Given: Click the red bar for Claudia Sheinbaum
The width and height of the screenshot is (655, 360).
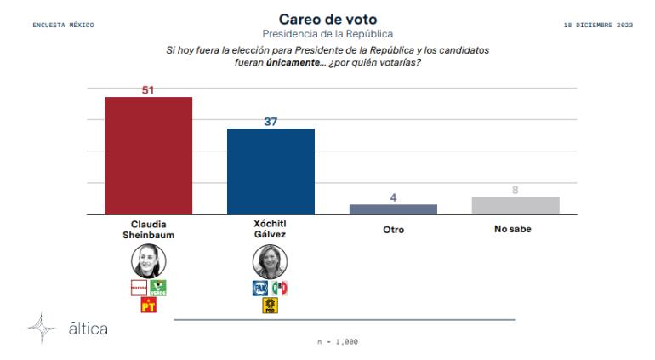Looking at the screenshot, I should (x=148, y=156).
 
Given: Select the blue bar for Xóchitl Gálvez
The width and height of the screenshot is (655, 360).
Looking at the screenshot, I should (x=271, y=171).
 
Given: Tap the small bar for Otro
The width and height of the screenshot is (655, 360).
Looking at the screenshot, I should (x=393, y=209).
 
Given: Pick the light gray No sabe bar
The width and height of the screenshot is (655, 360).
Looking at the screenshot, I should (x=515, y=205).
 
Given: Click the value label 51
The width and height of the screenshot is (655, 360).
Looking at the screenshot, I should (x=148, y=89).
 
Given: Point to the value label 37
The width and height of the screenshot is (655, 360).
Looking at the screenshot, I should (x=271, y=121).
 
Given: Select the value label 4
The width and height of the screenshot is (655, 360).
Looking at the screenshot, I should (x=393, y=197).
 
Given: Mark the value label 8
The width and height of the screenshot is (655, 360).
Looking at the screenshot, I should (x=515, y=190).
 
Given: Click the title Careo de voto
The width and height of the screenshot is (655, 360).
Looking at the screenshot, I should (x=327, y=18).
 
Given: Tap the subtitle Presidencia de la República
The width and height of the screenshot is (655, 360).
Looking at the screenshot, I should (x=327, y=33).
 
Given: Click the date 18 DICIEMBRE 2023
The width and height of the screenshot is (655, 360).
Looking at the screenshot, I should (x=598, y=25).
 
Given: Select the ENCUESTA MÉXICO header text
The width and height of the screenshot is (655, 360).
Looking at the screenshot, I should (x=63, y=25).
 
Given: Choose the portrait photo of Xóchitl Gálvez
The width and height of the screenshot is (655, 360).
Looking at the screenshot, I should (x=271, y=261).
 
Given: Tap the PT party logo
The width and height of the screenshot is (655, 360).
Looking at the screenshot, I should (x=148, y=306).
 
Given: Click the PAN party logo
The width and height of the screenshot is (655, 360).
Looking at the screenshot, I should (x=261, y=288).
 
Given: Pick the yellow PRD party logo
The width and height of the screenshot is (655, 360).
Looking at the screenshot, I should (x=271, y=306).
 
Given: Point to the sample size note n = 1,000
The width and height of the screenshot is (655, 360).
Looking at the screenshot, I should (x=337, y=341).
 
